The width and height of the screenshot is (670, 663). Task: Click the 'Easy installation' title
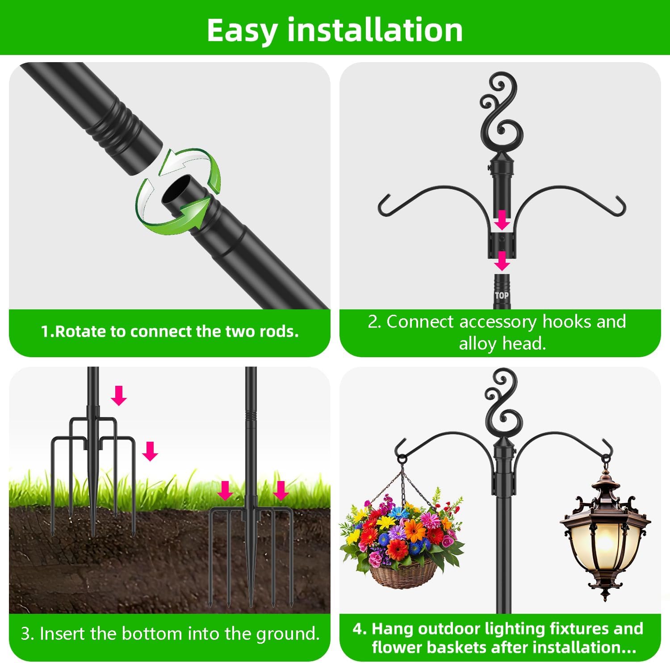[335, 30]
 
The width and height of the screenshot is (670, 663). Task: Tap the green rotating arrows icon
[179, 191]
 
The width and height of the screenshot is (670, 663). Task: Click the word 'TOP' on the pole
[502, 296]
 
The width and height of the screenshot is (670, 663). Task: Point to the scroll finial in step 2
[502, 112]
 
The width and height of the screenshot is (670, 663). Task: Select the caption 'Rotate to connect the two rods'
[170, 331]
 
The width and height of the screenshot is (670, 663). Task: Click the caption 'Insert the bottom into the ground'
[170, 633]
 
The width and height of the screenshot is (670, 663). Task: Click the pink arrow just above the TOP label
[502, 261]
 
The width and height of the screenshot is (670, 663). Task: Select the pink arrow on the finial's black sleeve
[502, 220]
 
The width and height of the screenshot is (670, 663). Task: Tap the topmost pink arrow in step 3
[119, 396]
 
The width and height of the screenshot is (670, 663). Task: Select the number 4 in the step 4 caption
[357, 629]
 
